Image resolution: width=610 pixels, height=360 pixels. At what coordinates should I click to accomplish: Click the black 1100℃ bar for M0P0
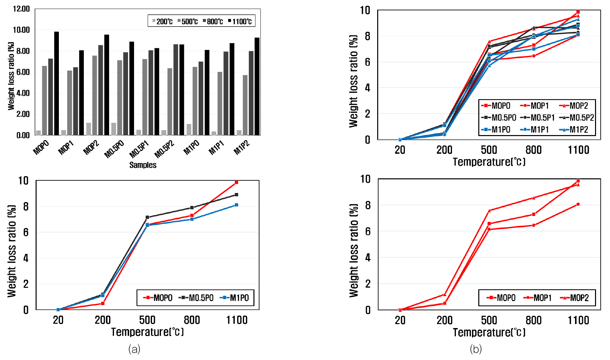(57, 83)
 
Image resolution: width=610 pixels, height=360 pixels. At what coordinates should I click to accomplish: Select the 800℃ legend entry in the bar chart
(213, 22)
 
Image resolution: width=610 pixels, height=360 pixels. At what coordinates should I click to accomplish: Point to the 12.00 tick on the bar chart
(21, 9)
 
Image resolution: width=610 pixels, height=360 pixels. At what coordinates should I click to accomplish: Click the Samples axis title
(143, 165)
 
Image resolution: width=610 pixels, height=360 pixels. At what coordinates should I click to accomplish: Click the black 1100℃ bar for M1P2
(257, 87)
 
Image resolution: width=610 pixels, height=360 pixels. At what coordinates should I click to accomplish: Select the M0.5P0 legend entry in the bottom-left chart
(196, 298)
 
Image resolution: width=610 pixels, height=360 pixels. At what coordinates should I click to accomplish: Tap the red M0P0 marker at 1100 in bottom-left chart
(236, 182)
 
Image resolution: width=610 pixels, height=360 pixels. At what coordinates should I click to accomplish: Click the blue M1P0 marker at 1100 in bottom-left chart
(236, 205)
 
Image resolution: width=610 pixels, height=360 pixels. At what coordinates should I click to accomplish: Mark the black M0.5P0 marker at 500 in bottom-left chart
(147, 217)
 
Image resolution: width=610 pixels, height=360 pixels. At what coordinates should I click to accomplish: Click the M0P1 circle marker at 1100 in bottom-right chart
(578, 204)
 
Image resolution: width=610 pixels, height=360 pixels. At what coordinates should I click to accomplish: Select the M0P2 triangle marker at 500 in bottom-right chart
(489, 211)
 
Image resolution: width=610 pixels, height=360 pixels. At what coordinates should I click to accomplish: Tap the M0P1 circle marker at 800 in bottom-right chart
(534, 225)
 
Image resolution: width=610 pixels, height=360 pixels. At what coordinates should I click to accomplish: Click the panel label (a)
(134, 349)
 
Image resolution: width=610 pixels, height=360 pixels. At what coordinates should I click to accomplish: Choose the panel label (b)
(476, 349)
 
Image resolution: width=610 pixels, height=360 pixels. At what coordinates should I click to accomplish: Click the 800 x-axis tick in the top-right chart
(534, 150)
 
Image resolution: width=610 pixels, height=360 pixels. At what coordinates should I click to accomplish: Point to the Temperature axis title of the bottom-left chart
(147, 332)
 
